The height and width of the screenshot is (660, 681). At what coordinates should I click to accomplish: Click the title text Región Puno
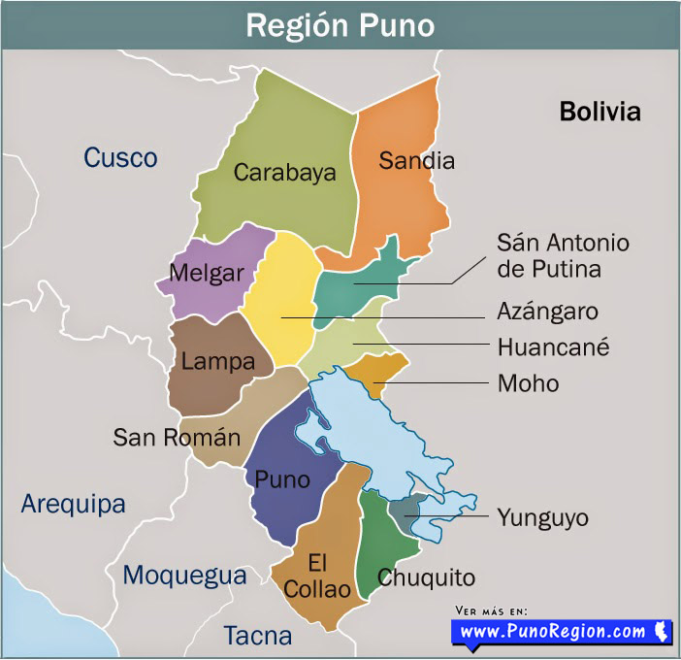click(340, 24)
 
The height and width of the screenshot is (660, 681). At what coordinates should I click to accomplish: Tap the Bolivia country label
click(600, 112)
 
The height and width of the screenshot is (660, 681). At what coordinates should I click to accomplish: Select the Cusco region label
click(120, 157)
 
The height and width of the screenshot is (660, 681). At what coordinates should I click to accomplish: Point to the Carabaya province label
click(284, 173)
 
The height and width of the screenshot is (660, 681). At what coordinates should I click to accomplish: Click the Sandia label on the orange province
click(416, 160)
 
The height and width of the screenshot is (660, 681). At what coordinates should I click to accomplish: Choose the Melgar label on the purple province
click(207, 273)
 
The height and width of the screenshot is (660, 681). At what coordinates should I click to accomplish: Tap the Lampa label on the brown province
click(217, 362)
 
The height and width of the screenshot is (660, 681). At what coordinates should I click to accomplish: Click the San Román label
click(177, 437)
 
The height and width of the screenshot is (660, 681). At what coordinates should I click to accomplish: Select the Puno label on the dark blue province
click(282, 479)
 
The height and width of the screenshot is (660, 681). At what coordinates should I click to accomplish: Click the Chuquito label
click(426, 577)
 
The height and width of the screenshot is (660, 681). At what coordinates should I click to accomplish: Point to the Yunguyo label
click(542, 517)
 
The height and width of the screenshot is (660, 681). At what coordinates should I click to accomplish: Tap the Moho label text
click(528, 383)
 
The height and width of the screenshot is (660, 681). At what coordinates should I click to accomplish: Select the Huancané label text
click(553, 346)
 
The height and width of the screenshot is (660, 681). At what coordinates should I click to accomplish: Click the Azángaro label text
click(547, 312)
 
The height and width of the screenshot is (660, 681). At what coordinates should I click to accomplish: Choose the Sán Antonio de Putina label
click(563, 255)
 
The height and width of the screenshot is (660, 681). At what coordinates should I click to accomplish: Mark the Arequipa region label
click(74, 505)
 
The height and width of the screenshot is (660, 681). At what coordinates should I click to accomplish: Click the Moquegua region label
click(184, 576)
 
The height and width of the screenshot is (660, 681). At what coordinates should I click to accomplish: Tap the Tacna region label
click(257, 636)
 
